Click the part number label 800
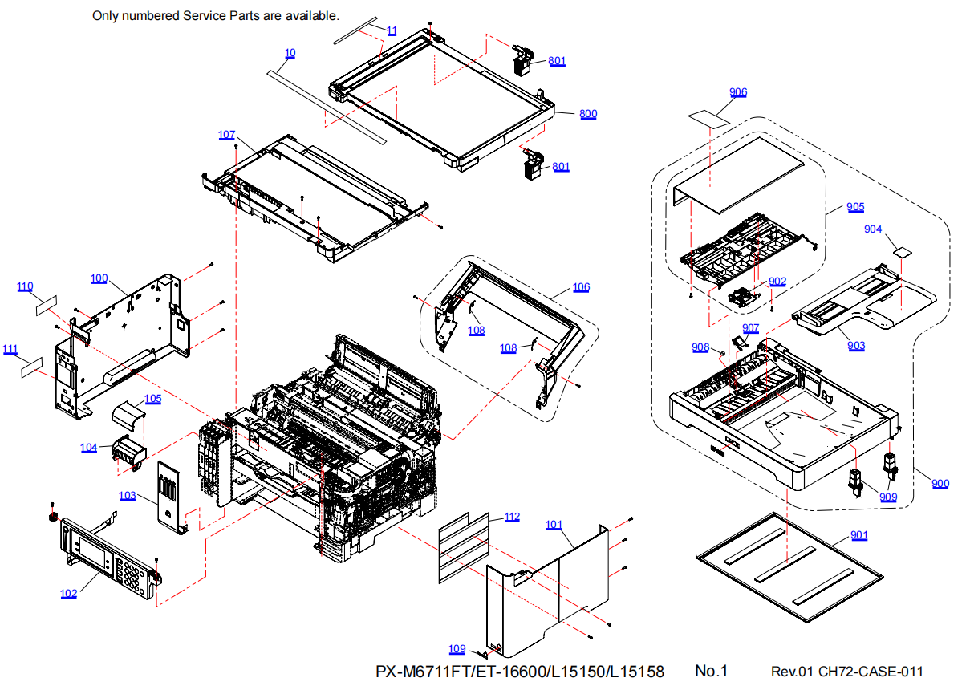pyautogui.click(x=588, y=114)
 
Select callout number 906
pyautogui.click(x=738, y=92)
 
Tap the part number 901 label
pyautogui.click(x=858, y=535)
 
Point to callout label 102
pyautogui.click(x=69, y=594)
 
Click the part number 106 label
pyautogui.click(x=581, y=287)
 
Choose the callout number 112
pyautogui.click(x=512, y=517)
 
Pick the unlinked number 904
pyautogui.click(x=873, y=229)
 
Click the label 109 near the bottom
pyautogui.click(x=457, y=649)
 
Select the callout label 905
pyautogui.click(x=855, y=207)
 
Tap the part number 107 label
pyautogui.click(x=226, y=134)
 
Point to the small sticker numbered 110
pyautogui.click(x=47, y=304)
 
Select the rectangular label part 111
pyautogui.click(x=31, y=368)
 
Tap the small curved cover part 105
pyautogui.click(x=128, y=417)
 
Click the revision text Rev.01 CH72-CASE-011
pyautogui.click(x=846, y=672)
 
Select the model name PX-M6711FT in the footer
pyautogui.click(x=424, y=672)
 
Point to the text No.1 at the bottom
pyautogui.click(x=711, y=671)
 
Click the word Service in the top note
pyautogui.click(x=225, y=15)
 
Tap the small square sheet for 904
pyautogui.click(x=903, y=251)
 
